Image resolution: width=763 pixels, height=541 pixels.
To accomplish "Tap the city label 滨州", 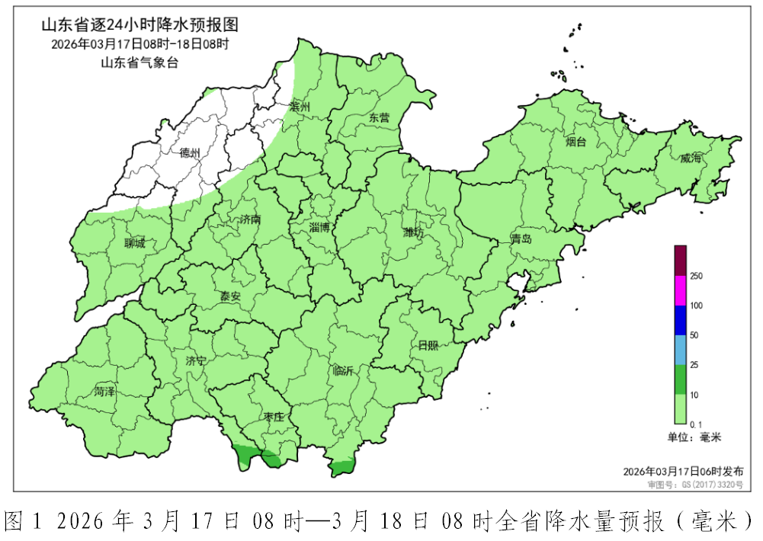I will click(x=300, y=107).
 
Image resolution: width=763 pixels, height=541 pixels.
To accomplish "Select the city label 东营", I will click(x=379, y=117).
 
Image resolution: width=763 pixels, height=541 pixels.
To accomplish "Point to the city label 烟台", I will click(x=575, y=142).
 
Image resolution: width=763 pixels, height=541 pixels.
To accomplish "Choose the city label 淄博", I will click(x=320, y=227).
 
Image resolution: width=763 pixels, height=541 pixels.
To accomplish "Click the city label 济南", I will click(x=250, y=219).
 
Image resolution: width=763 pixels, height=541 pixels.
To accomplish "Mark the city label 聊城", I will click(x=134, y=244).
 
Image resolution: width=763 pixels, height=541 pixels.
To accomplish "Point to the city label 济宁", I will click(x=196, y=360).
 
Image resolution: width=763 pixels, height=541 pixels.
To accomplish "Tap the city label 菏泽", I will click(x=104, y=392).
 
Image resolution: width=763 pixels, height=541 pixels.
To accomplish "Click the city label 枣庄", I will click(x=274, y=417).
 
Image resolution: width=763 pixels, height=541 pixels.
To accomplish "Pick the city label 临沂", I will click(x=344, y=371).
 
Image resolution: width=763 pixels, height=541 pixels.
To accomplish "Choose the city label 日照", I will click(x=428, y=345).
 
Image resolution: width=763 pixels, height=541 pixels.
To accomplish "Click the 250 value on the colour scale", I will click(x=696, y=276).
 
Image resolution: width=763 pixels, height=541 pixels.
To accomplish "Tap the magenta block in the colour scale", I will click(x=681, y=290).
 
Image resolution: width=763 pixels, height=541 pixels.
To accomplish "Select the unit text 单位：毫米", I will click(x=694, y=437).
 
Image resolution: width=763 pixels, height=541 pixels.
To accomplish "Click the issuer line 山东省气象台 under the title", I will click(x=139, y=62).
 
